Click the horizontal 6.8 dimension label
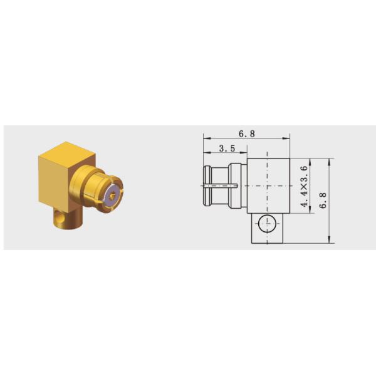tap(247, 133)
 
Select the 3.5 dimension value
tap(226, 149)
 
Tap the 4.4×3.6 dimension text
tap(304, 187)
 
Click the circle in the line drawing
tap(267, 221)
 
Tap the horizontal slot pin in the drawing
tap(220, 185)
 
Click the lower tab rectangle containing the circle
tap(267, 228)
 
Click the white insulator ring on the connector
tap(113, 195)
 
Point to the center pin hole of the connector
tap(113, 196)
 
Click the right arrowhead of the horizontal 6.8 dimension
tap(288, 138)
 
